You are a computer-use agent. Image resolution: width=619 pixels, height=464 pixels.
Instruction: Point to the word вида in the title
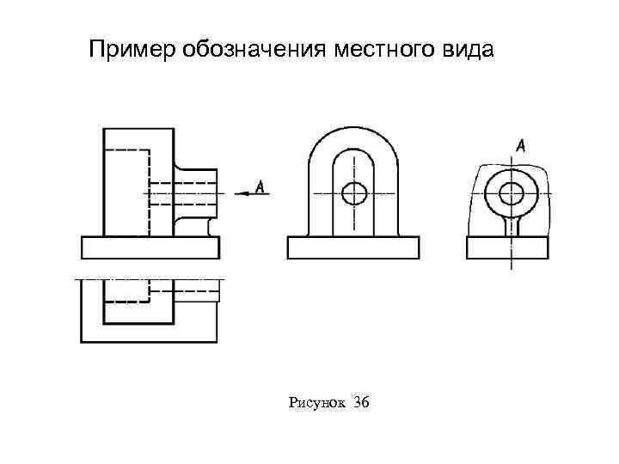tap(468, 51)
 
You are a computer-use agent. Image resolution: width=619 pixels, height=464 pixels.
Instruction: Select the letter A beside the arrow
tap(260, 186)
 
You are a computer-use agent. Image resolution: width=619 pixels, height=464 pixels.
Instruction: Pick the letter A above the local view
tap(521, 147)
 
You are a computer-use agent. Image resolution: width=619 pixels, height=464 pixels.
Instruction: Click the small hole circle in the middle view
tap(353, 193)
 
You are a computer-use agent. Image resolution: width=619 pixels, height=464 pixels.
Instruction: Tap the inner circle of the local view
tap(511, 192)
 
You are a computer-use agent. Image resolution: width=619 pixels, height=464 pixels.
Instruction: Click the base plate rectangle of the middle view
tap(352, 247)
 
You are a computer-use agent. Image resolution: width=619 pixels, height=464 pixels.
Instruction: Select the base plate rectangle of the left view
tap(150, 247)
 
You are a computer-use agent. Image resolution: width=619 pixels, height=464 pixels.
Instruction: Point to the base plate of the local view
tap(507, 247)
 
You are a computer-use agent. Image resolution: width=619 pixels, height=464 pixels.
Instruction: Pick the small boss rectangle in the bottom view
tap(198, 291)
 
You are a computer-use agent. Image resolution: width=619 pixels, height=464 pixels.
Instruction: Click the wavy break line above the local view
tap(507, 163)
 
